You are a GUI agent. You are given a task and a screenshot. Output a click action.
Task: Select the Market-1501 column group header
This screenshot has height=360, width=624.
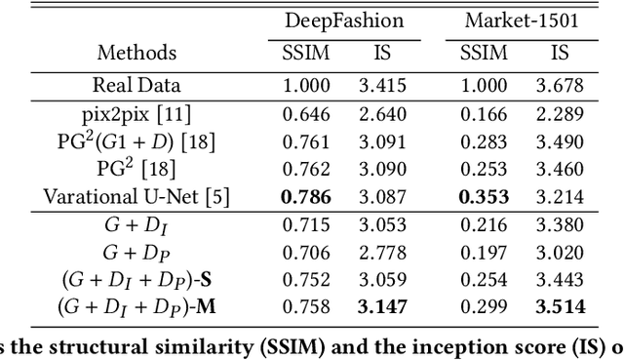(516, 20)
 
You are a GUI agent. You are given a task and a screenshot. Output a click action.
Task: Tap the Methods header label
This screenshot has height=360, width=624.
(137, 51)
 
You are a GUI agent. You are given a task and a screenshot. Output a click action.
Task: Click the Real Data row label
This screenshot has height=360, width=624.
(137, 85)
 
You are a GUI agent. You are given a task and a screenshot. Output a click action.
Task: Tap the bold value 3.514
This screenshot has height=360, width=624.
(561, 309)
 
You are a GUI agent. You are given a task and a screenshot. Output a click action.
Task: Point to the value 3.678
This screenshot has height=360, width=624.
(561, 85)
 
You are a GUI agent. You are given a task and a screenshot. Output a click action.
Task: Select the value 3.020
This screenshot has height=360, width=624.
(561, 256)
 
